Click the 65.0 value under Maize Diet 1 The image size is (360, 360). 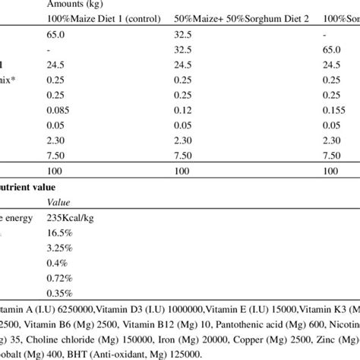coord(57,35)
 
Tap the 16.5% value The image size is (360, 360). coord(60,232)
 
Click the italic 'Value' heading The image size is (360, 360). coord(58,202)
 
